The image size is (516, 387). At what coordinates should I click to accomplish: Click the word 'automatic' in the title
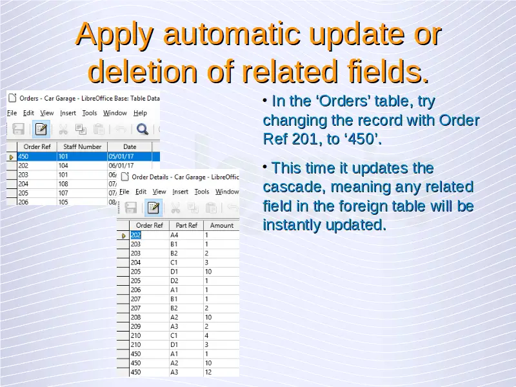click(x=232, y=34)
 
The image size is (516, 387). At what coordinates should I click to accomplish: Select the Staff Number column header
click(x=83, y=147)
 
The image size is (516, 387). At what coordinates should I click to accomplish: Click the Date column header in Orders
click(x=130, y=147)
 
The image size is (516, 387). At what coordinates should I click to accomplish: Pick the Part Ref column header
click(x=186, y=225)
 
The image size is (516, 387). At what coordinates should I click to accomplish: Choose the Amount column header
click(x=221, y=225)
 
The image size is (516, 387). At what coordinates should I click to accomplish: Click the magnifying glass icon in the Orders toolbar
click(x=143, y=129)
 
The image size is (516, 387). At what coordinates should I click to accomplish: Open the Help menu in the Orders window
click(x=140, y=113)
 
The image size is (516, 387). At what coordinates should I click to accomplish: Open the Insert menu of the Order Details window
click(x=181, y=192)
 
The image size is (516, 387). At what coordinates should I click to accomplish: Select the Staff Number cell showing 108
click(x=63, y=184)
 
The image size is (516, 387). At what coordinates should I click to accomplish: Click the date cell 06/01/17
click(x=121, y=166)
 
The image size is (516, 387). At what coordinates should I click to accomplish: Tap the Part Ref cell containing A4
click(x=174, y=235)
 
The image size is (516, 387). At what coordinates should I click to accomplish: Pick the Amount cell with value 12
click(x=208, y=372)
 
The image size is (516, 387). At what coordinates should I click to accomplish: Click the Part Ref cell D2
click(x=174, y=281)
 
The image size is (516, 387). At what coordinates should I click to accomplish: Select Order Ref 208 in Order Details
click(x=135, y=317)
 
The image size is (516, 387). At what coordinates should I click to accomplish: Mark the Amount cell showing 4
click(x=206, y=335)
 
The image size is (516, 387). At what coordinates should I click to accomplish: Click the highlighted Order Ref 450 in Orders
click(x=23, y=156)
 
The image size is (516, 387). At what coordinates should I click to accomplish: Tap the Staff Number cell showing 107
click(x=63, y=193)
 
